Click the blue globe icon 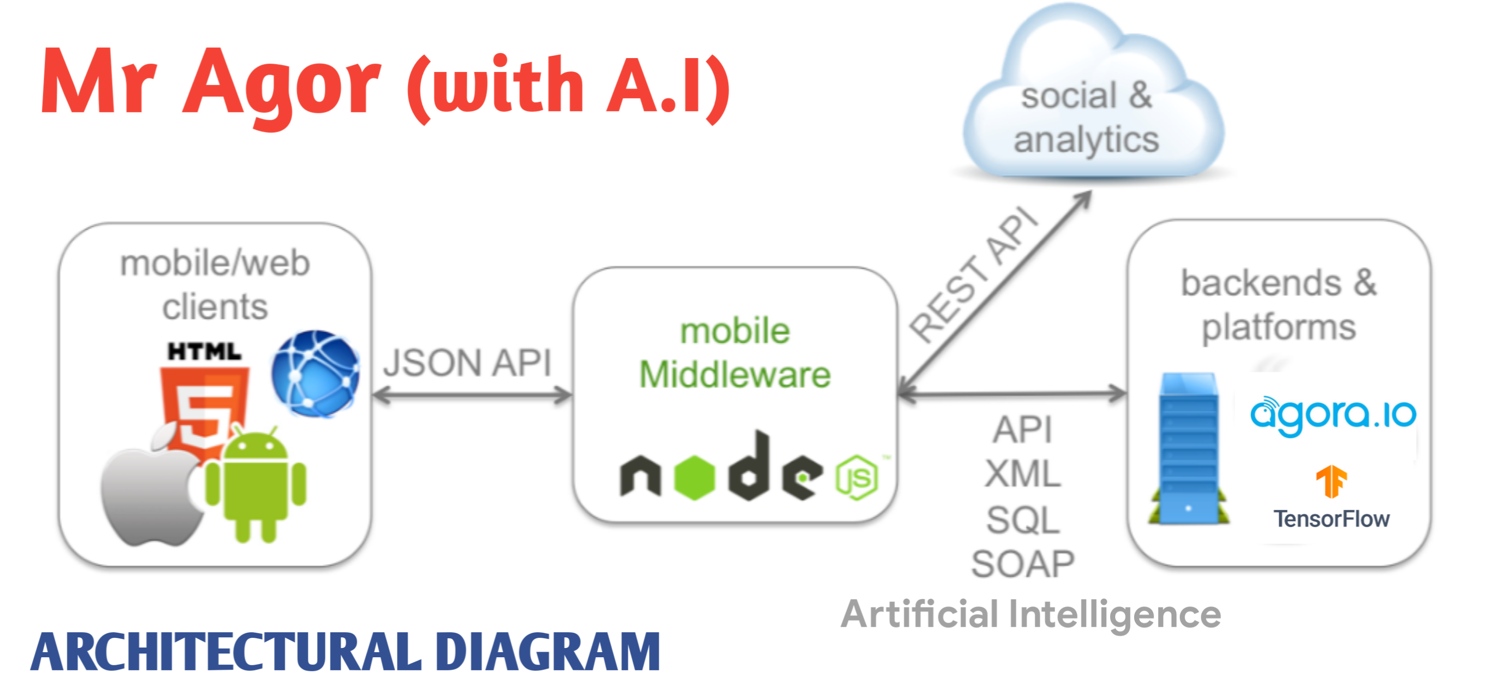click(316, 374)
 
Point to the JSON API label click(468, 363)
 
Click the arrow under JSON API click(472, 395)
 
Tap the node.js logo click(748, 470)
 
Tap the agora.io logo click(1333, 415)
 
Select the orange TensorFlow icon click(1331, 482)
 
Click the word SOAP click(1023, 564)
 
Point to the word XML click(1023, 474)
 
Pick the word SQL click(1023, 520)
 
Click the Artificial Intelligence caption click(1031, 614)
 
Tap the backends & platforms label click(1279, 305)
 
